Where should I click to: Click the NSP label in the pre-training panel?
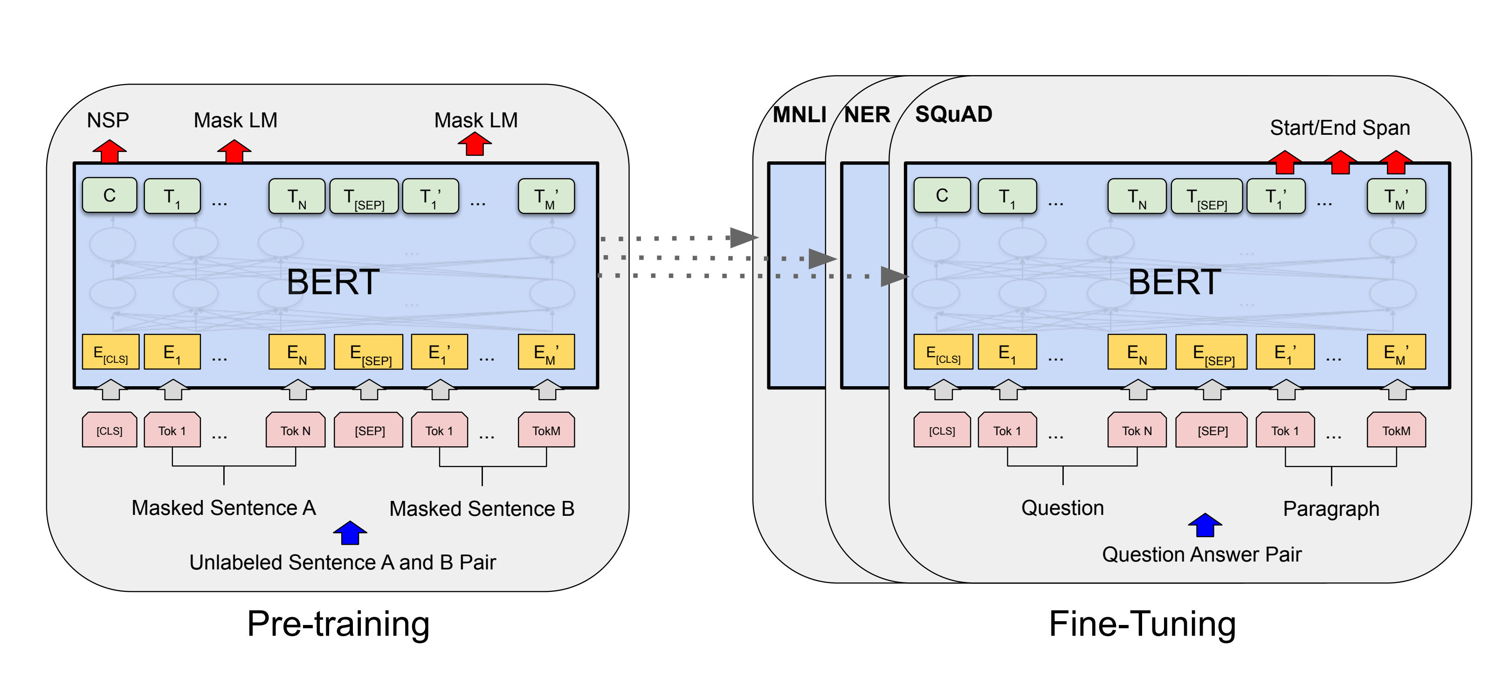[108, 120]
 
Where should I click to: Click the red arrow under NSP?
[110, 151]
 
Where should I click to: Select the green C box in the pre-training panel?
[110, 195]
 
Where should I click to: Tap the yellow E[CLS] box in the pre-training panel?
[110, 352]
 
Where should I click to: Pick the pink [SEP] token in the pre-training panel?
[369, 431]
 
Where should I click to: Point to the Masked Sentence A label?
[224, 507]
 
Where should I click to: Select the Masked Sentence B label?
[482, 508]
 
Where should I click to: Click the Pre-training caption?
[338, 623]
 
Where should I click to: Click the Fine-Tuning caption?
[1142, 623]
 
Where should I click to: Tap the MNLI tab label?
[799, 115]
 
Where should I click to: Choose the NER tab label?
[867, 115]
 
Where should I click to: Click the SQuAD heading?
[954, 114]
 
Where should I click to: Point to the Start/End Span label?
[1340, 128]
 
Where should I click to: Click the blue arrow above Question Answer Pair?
[1205, 525]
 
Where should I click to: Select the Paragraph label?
[1331, 508]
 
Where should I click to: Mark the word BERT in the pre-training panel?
[333, 282]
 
